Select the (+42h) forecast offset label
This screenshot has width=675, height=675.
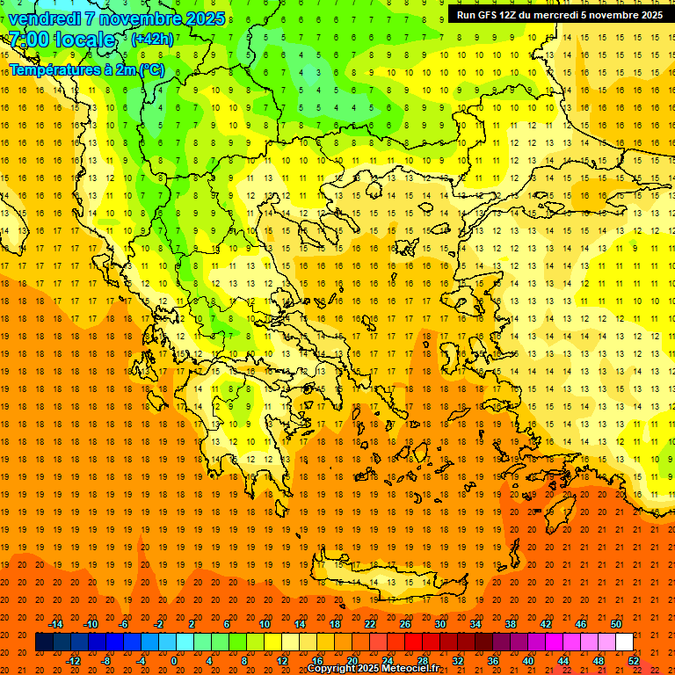152,39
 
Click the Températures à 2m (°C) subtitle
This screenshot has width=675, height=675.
86,69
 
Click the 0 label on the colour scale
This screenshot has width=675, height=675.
173,661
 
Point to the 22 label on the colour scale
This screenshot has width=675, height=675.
369,624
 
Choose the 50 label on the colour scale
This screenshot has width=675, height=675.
615,624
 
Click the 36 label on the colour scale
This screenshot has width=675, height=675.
492,661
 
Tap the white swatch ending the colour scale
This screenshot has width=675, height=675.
624,642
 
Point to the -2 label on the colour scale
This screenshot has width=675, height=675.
159,624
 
